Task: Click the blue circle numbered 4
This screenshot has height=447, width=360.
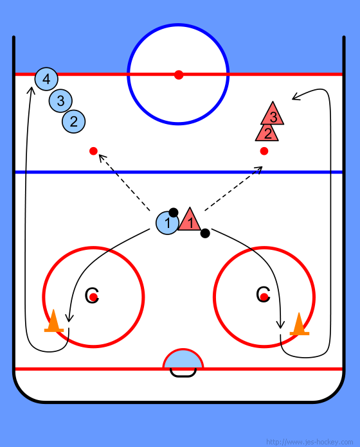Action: click(x=46, y=79)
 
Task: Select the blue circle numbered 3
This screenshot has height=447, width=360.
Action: click(x=60, y=101)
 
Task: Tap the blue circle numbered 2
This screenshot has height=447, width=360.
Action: click(x=73, y=121)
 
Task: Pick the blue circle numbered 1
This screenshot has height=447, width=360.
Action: click(x=167, y=223)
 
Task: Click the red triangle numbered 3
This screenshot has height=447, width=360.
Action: click(x=273, y=114)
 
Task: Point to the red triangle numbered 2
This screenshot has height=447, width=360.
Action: click(x=267, y=133)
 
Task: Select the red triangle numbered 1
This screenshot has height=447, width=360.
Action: click(x=190, y=220)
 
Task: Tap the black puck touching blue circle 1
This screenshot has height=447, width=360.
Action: click(x=174, y=213)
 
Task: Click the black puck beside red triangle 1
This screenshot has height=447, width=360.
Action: click(x=205, y=233)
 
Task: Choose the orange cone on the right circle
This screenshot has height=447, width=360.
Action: click(x=299, y=324)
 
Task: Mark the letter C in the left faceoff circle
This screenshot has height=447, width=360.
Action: click(x=92, y=295)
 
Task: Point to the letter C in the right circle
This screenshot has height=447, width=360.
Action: click(x=263, y=294)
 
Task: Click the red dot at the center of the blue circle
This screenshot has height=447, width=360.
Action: click(x=179, y=75)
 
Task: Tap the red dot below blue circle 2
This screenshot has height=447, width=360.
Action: click(x=94, y=151)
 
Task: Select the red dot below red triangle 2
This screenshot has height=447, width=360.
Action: click(x=264, y=151)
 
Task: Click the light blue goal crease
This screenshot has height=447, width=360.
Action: click(x=183, y=360)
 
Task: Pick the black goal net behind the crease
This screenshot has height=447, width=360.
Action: click(x=183, y=375)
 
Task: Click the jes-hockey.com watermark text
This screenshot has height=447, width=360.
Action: click(x=309, y=442)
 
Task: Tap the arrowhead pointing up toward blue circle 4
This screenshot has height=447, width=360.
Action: click(x=31, y=91)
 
